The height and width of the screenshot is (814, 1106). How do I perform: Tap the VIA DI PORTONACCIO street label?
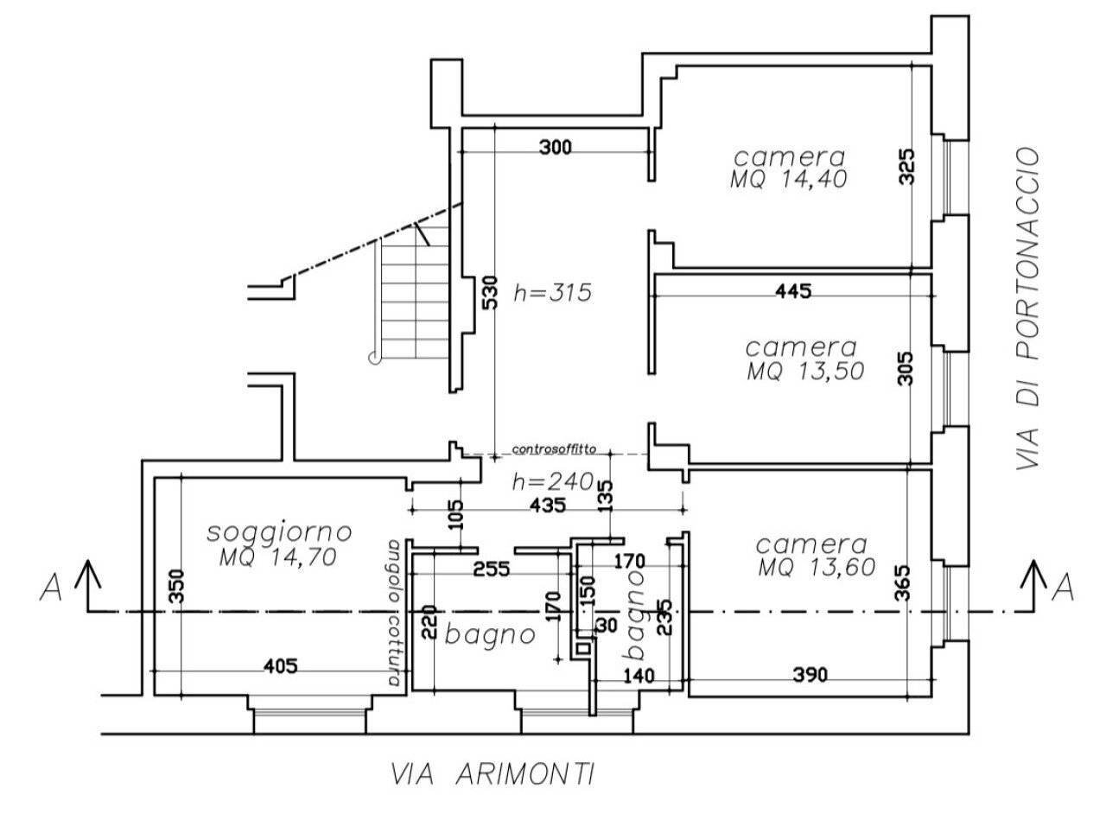coord(1028,308)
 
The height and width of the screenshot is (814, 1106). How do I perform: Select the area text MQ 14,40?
coord(789,179)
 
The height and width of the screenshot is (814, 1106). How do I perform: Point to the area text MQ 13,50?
coord(805,371)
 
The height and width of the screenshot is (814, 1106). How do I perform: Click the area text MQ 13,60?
coord(817,567)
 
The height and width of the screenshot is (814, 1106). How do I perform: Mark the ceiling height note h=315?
coord(552,293)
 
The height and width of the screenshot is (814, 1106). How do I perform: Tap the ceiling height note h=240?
coord(552,481)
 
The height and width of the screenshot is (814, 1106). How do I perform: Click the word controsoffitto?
coord(554,449)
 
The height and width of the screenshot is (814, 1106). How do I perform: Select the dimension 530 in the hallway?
coord(489,292)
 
